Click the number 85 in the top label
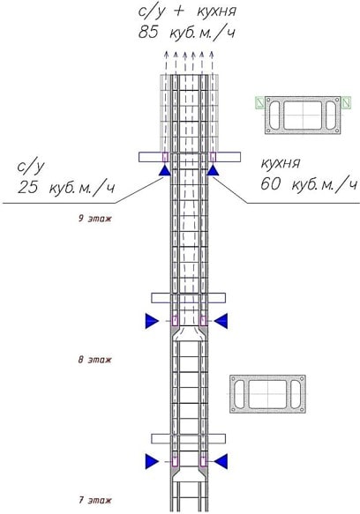point(148,33)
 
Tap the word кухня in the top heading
point(216,11)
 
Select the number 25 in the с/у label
point(27,187)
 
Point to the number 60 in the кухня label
point(270,184)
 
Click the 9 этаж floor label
point(94,219)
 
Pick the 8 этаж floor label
point(94,360)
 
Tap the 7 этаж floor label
point(94,500)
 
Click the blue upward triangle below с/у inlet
point(164,171)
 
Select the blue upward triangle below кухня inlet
point(213,171)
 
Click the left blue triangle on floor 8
point(152,321)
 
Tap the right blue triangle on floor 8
point(221,321)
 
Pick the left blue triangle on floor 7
point(152,461)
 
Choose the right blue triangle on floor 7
point(221,461)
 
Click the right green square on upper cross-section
point(346,103)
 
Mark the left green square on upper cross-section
point(260,102)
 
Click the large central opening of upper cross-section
point(303,115)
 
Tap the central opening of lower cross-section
point(267,394)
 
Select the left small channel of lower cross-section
point(240,394)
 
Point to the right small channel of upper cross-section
point(331,115)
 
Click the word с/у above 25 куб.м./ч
point(31,167)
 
